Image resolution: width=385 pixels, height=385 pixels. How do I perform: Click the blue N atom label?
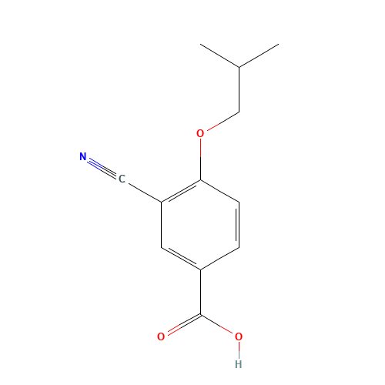[83, 157]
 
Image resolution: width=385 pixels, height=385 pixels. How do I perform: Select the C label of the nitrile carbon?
[122, 179]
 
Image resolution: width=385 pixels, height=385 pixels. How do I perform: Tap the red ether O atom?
[200, 133]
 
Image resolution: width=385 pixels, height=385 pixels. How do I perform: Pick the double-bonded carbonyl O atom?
[161, 336]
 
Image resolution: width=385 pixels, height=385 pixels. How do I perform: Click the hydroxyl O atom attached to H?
[239, 336]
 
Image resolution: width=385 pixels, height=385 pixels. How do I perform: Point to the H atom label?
[239, 363]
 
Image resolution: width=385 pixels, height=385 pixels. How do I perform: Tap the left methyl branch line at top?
[220, 56]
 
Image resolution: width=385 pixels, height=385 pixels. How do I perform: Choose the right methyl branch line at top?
[259, 56]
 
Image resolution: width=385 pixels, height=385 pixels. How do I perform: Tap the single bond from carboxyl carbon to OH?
[219, 325]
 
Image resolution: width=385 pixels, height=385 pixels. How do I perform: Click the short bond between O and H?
[239, 350]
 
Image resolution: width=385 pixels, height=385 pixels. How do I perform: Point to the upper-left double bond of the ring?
[181, 192]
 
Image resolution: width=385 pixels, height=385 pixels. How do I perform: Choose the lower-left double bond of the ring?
[181, 259]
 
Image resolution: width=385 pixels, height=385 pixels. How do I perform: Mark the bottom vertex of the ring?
[200, 269]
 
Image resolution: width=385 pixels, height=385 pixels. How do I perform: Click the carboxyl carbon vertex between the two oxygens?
[200, 314]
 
